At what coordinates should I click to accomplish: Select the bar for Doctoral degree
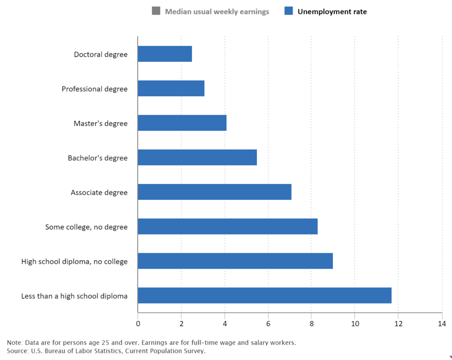pyautogui.click(x=165, y=54)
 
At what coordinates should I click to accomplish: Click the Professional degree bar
pyautogui.click(x=171, y=88)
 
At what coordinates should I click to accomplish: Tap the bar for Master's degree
pyautogui.click(x=182, y=123)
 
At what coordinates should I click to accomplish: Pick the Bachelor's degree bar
pyautogui.click(x=197, y=157)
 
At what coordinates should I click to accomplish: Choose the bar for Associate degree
pyautogui.click(x=214, y=192)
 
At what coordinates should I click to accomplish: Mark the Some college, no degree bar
pyautogui.click(x=227, y=226)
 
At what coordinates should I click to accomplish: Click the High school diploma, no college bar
pyautogui.click(x=235, y=261)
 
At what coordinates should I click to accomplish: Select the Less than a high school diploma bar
pyautogui.click(x=264, y=295)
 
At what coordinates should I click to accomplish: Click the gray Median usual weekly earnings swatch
pyautogui.click(x=156, y=11)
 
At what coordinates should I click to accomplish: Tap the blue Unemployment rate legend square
pyautogui.click(x=289, y=11)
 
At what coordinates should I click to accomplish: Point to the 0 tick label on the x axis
pyautogui.click(x=138, y=324)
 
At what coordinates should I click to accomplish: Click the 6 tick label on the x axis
pyautogui.click(x=268, y=324)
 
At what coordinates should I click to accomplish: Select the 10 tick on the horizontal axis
pyautogui.click(x=354, y=324)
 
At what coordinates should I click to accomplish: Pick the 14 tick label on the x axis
pyautogui.click(x=441, y=324)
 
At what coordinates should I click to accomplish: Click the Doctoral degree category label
pyautogui.click(x=101, y=55)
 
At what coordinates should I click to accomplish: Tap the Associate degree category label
pyautogui.click(x=99, y=193)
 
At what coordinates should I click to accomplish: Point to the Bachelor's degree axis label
pyautogui.click(x=98, y=158)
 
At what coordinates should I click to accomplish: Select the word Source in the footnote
pyautogui.click(x=17, y=351)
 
